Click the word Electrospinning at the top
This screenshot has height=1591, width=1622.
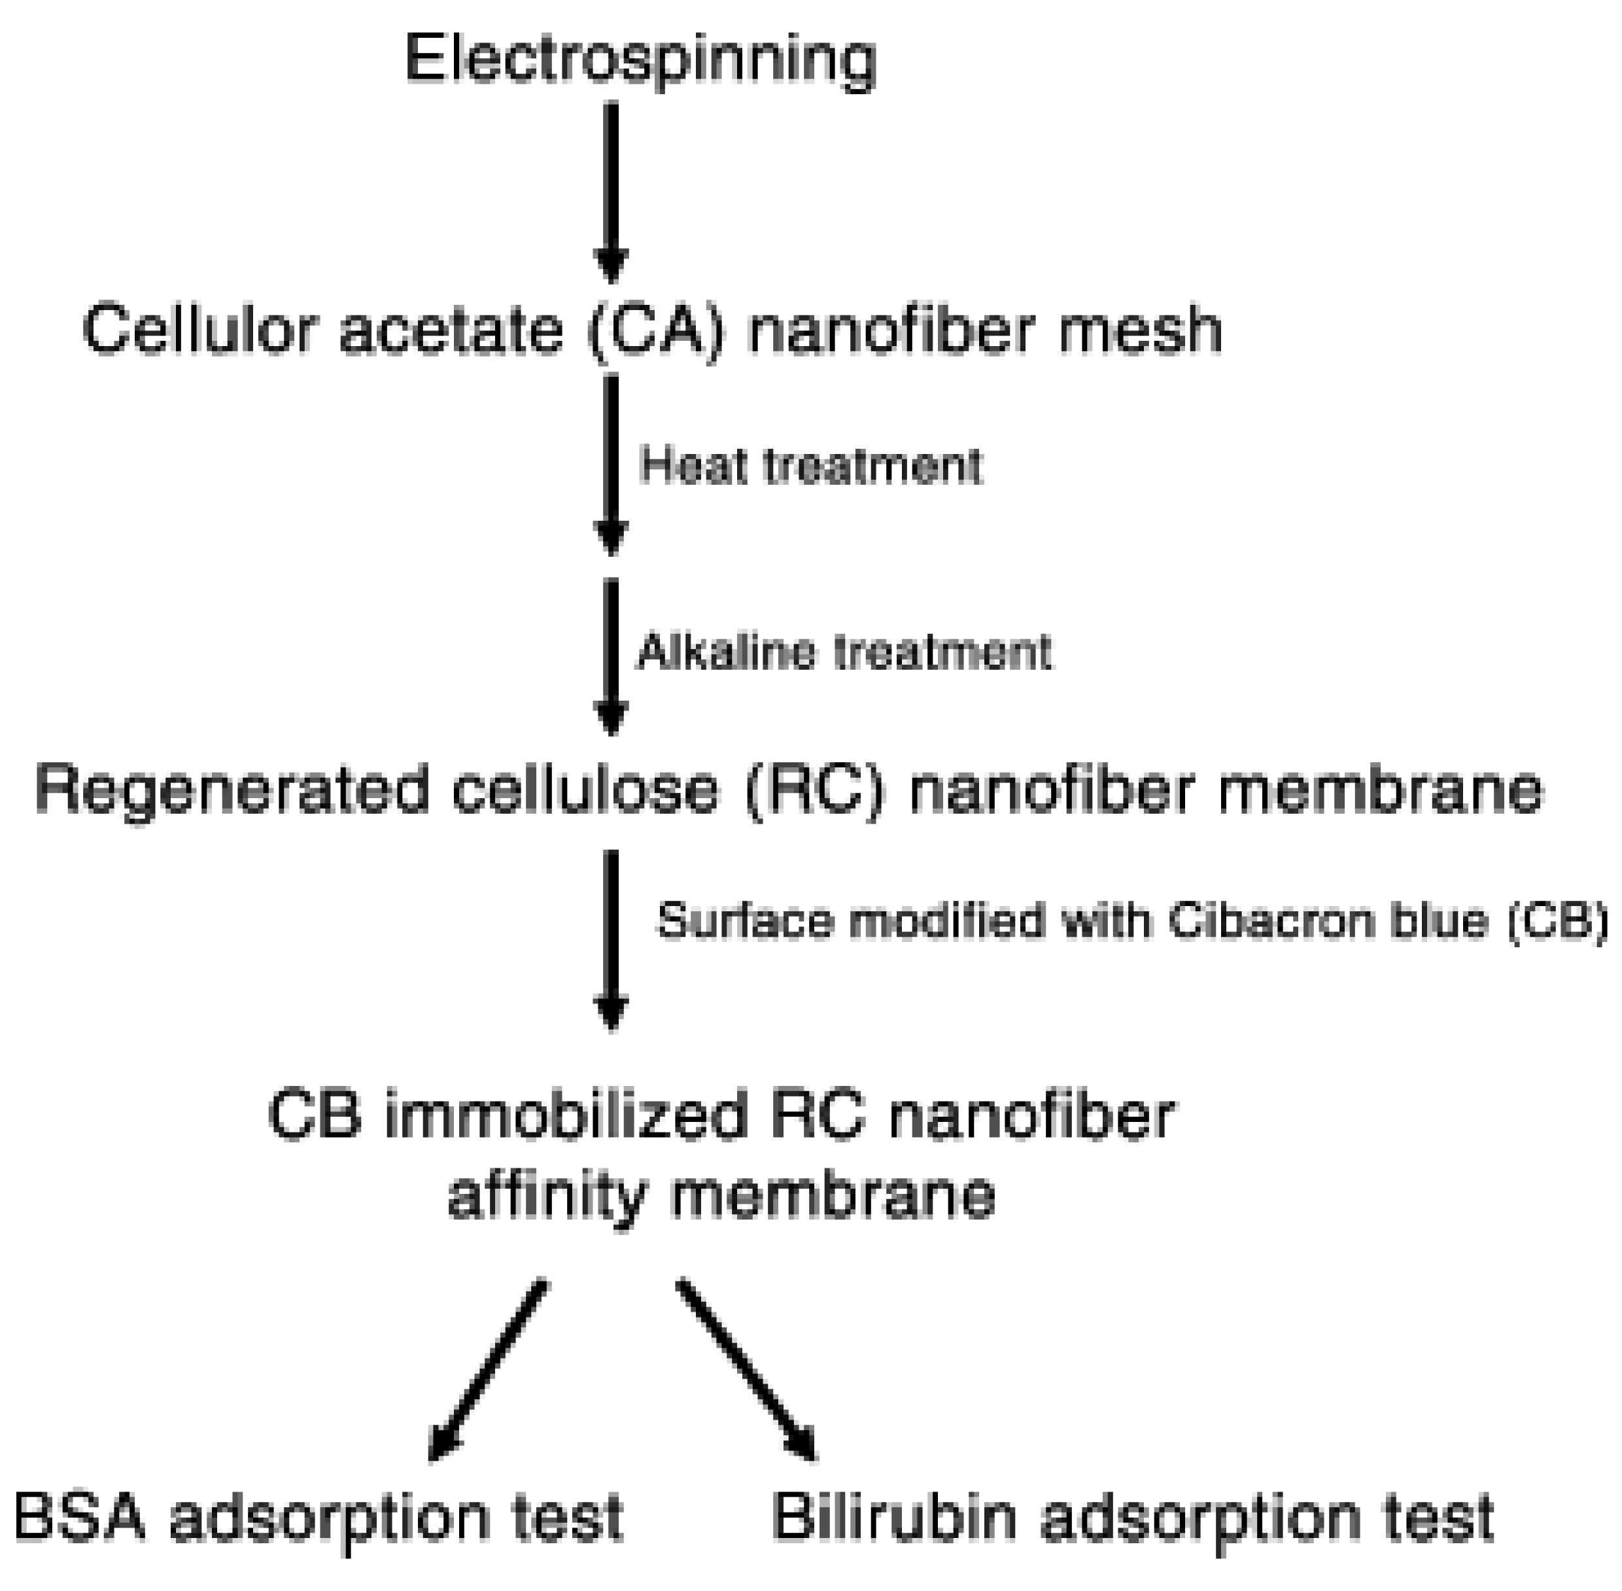point(640,60)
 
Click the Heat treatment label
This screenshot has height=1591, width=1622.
point(810,465)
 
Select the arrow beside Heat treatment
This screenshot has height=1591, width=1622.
point(612,464)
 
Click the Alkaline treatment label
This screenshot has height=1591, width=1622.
point(844,651)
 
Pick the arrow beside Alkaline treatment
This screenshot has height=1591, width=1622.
point(612,656)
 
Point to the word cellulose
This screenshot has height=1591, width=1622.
point(585,790)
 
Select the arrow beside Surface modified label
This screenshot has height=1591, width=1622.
point(612,940)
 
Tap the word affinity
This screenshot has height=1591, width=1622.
point(547,1197)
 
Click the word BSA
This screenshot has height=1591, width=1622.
point(79,1516)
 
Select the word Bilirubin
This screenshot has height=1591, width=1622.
point(893,1516)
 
